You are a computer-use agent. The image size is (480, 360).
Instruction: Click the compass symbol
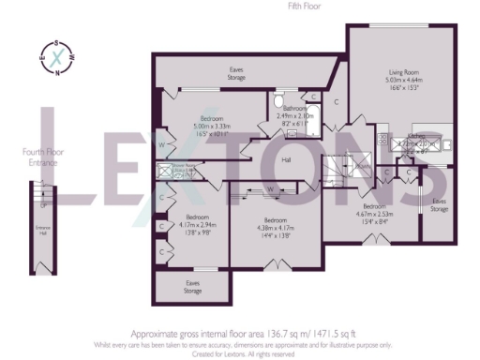[58, 56]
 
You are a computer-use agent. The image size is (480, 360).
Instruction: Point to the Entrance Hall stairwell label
[42, 229]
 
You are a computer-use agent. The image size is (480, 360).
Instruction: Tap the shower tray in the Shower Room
[166, 171]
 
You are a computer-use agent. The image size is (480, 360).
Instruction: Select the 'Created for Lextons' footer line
[240, 352]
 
